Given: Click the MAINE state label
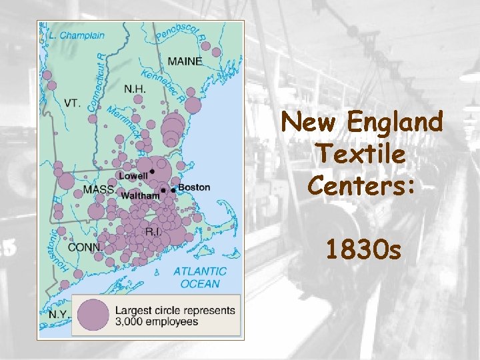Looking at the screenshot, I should click(185, 61).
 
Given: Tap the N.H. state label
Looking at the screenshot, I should click(135, 89).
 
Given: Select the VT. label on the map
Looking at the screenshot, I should click(73, 103).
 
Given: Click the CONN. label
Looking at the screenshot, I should click(85, 247).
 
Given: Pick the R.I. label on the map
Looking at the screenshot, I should click(153, 232).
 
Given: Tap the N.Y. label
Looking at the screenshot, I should click(58, 313).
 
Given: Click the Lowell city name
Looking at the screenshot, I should click(133, 175).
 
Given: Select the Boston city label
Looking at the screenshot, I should click(194, 187).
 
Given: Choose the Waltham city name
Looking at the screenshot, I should click(140, 196).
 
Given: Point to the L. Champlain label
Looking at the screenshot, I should click(77, 35).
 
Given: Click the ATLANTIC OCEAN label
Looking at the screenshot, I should click(199, 277).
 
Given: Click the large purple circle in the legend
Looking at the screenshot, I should click(92, 315).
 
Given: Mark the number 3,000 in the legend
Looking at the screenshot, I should click(132, 322).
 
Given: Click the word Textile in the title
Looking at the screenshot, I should click(361, 154).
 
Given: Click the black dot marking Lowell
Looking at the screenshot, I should click(152, 172).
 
